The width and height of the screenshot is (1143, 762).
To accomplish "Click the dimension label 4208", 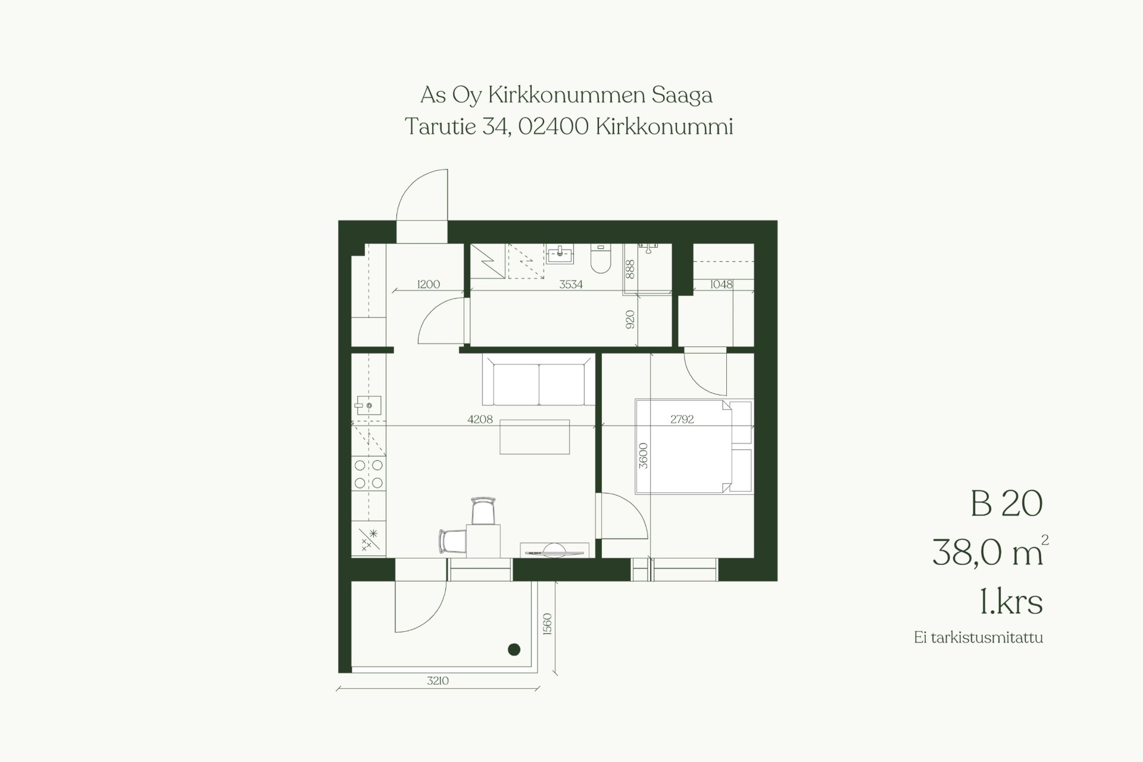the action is (480, 419).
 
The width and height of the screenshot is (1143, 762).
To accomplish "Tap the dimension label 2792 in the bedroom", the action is (682, 419).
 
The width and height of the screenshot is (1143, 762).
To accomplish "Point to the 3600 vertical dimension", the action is (643, 456).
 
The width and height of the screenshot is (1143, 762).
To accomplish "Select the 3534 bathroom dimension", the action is (570, 285).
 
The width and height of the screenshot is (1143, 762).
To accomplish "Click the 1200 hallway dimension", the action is (428, 285).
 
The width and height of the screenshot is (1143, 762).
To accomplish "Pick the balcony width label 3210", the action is (438, 680).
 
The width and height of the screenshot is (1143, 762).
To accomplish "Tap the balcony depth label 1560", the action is (548, 624).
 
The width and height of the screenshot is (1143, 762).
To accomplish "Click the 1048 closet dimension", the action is (721, 285).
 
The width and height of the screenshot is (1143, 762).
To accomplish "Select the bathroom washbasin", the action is (560, 255).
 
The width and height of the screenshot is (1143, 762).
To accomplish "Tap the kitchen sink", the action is (368, 406).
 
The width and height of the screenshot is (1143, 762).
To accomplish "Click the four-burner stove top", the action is (368, 474).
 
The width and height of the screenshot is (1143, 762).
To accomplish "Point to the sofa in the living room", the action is (538, 380).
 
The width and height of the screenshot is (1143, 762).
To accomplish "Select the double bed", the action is (694, 446).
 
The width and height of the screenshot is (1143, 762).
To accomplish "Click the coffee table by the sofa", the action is (535, 437).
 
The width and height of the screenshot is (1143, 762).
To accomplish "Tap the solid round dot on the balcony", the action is (514, 649).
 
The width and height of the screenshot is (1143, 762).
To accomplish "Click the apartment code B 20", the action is (1006, 503).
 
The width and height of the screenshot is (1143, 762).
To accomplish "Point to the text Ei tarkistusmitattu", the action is (979, 638).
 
